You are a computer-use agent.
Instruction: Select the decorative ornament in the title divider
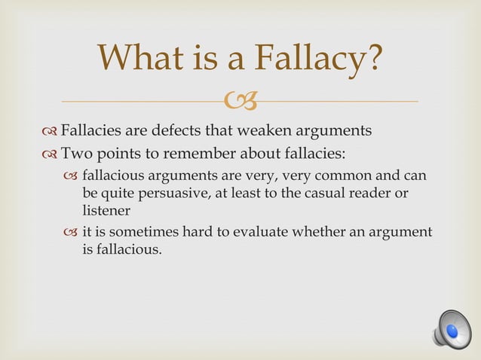[x=241, y=99]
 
